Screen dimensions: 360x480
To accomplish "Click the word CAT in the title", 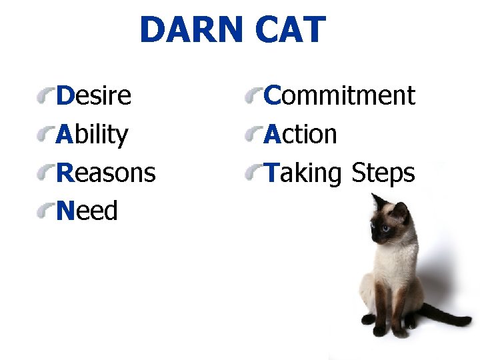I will pyautogui.click(x=290, y=30).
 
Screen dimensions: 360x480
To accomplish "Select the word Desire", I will pyautogui.click(x=94, y=96).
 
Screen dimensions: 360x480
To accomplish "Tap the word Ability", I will pyautogui.click(x=92, y=135).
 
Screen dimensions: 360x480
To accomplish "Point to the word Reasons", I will pyautogui.click(x=105, y=173).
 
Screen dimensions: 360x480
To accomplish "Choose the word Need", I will pyautogui.click(x=87, y=211).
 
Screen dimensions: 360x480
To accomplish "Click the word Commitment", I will pyautogui.click(x=339, y=96).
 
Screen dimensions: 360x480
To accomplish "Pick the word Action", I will pyautogui.click(x=300, y=135).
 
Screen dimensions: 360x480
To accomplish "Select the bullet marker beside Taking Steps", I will pyautogui.click(x=253, y=175).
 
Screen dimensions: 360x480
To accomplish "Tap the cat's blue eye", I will pyautogui.click(x=385, y=228).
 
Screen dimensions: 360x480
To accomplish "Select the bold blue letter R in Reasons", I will pyautogui.click(x=64, y=173).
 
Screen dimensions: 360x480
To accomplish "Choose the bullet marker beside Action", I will pyautogui.click(x=253, y=136).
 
